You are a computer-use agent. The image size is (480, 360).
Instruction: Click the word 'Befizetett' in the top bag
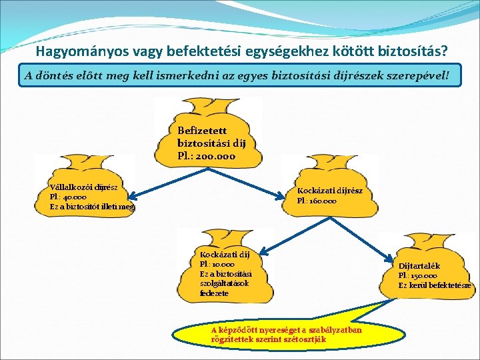(203, 131)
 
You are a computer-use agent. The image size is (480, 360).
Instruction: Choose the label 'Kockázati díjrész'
(330, 191)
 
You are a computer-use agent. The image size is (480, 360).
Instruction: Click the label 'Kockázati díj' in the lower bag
(225, 255)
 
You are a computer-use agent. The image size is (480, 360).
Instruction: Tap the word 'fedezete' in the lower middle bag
(214, 293)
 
